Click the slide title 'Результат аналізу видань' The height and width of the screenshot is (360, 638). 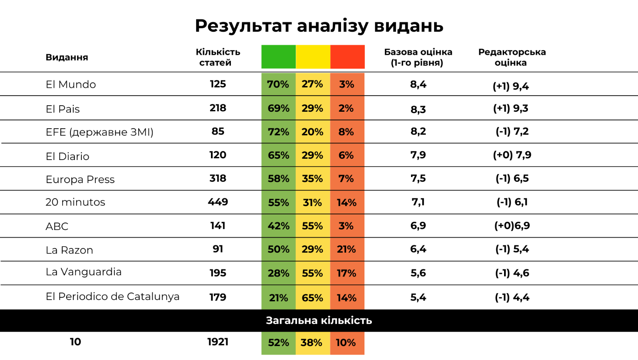pos(319,26)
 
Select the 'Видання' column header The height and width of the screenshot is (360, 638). pos(67,57)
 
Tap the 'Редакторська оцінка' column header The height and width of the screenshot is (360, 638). pos(512,57)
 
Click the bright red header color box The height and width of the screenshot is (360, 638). pos(347,57)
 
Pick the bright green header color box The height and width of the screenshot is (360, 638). pos(278,57)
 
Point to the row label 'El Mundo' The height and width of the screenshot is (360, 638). pos(70,84)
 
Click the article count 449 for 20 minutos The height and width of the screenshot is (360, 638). pos(218,202)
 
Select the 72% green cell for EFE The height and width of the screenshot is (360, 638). pos(278,132)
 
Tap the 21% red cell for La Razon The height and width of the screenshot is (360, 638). pos(347,250)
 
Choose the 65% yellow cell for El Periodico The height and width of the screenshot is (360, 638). pos(312,298)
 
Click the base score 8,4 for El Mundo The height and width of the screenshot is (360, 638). pos(418,84)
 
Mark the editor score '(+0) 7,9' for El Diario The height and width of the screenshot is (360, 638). pos(512,155)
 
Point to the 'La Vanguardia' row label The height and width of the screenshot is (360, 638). pos(84,272)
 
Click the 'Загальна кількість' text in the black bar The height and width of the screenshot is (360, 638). pos(319,321)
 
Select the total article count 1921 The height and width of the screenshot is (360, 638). pos(218,342)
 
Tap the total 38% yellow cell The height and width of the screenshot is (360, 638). pos(311,343)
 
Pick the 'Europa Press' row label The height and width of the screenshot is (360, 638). pos(80,180)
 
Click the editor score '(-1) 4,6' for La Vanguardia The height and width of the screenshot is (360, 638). pos(512,273)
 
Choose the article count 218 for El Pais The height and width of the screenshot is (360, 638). pos(218,108)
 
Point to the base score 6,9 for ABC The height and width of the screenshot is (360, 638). pos(418,226)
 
